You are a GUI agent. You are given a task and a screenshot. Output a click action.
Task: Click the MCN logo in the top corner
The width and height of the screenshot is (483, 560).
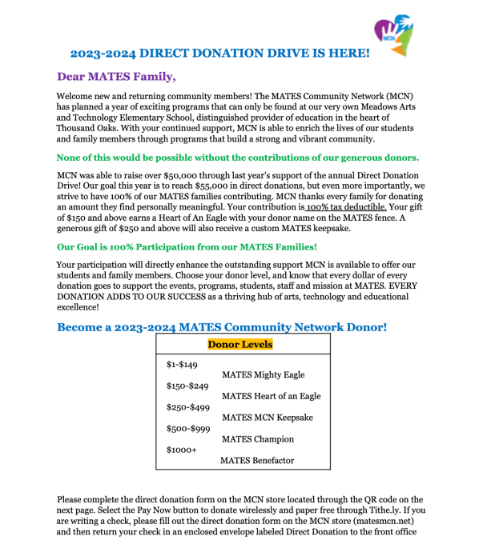tap(393, 34)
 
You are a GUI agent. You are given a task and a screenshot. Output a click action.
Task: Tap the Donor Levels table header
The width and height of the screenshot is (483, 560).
tap(240, 345)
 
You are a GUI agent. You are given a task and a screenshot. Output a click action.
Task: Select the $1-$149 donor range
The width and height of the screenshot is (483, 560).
tap(182, 365)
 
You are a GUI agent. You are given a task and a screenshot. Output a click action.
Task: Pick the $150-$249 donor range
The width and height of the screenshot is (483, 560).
tap(187, 386)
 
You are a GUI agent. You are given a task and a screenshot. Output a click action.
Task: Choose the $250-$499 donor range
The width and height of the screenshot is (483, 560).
tap(187, 407)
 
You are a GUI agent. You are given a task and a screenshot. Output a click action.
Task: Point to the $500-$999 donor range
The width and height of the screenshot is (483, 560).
tap(187, 429)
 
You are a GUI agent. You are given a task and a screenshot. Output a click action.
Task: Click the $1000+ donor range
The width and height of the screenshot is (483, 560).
tap(181, 450)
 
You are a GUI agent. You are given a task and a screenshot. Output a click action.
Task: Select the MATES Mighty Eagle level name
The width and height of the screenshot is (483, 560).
tap(263, 374)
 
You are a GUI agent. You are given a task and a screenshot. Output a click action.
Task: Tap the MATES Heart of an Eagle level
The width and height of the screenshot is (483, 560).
tap(271, 396)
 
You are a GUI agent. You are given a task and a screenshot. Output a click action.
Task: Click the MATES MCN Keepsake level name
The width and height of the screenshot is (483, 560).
tap(267, 418)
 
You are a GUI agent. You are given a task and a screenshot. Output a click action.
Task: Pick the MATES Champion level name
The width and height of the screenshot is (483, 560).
tap(257, 439)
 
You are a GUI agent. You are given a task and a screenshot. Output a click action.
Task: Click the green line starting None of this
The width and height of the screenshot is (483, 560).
tap(238, 157)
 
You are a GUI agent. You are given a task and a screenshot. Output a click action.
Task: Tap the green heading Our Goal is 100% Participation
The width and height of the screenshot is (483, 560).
tap(187, 246)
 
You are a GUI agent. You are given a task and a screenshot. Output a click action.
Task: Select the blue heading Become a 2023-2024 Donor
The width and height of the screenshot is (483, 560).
tap(222, 327)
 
